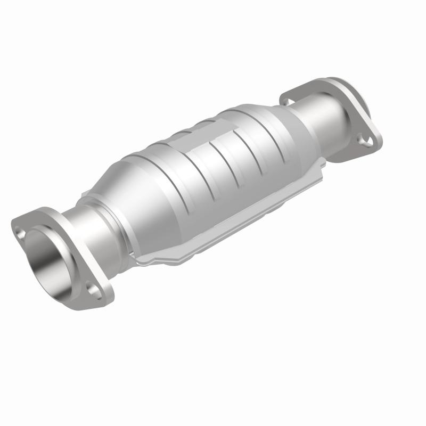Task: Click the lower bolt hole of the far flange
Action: pyautogui.click(x=366, y=140)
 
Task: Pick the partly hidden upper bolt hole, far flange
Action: pyautogui.click(x=288, y=99)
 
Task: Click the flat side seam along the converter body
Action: pyautogui.click(x=234, y=224)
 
